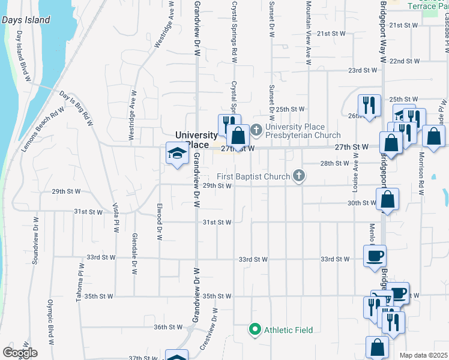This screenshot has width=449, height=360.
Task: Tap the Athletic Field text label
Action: pos(287,330)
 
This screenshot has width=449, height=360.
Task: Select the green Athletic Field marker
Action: pos(255,329)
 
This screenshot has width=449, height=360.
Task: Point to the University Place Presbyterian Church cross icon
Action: pos(256,128)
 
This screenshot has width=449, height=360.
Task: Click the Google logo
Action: pos(20,353)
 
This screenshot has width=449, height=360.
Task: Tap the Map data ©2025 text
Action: pos(423,355)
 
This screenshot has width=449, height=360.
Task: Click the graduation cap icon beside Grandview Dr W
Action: pos(176,154)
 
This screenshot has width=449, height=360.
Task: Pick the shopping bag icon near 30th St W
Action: pos(388,199)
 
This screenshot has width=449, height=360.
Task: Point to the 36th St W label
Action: pos(167,327)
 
